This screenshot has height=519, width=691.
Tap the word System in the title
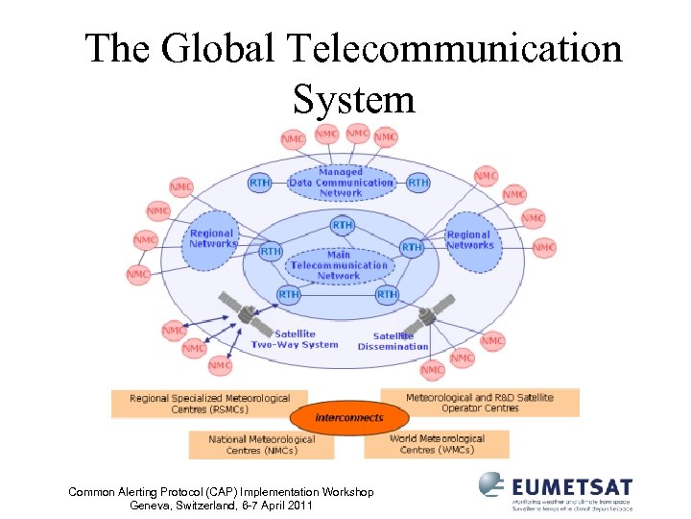coord(354,98)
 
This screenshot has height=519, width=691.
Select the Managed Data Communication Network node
coord(341,183)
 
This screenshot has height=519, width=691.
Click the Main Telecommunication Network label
coord(339,265)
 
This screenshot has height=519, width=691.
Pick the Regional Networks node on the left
coord(212,238)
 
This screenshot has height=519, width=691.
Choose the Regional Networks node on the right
coord(469,239)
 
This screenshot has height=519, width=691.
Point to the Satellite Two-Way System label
coord(295,339)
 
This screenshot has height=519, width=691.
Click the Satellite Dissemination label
coord(393,341)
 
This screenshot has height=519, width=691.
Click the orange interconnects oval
coord(349,418)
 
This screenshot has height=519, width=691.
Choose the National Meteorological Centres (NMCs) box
coord(261,444)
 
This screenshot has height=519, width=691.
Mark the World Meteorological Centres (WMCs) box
coord(437,443)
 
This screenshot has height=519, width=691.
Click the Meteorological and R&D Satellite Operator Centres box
coord(480,402)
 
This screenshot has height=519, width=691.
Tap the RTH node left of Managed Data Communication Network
coord(260,182)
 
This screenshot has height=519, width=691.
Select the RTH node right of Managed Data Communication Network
coord(418,182)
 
